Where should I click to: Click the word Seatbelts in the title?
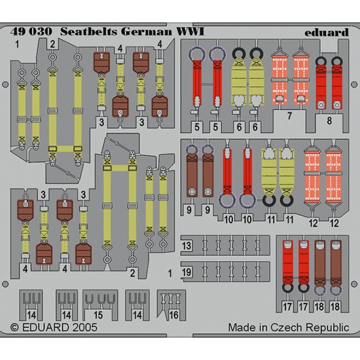point(88,31)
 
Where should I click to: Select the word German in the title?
point(146,31)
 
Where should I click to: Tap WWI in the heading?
point(190,31)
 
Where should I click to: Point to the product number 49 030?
point(31,31)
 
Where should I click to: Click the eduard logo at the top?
point(327,32)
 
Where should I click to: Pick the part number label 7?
point(289,116)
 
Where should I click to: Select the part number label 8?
point(329,120)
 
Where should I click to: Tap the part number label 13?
point(187,246)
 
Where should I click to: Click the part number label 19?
point(187,272)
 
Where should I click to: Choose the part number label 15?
point(98,315)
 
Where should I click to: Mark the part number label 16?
point(174,315)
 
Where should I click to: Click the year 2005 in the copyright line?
point(84,327)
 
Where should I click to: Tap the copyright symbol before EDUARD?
point(14,328)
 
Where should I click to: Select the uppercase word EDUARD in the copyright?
point(45,327)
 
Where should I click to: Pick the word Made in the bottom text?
point(242,327)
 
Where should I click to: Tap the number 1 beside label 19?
point(170,274)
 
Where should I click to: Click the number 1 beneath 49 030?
point(17,44)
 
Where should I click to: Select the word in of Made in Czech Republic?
point(264,327)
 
